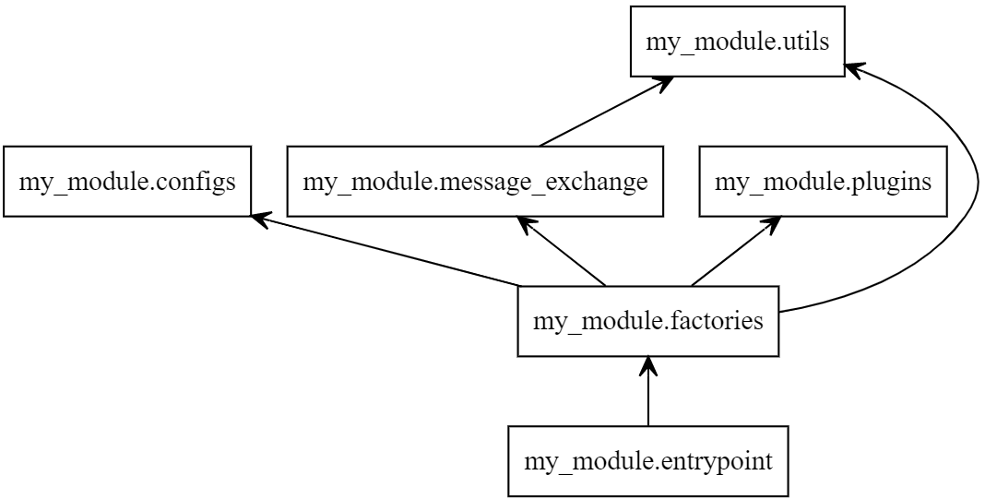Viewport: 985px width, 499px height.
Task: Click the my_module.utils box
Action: [737, 41]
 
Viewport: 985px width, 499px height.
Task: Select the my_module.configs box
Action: [127, 181]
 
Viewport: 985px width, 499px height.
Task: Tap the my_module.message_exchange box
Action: [475, 181]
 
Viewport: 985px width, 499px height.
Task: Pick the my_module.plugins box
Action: [824, 181]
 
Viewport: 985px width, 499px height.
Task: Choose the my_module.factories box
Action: [648, 321]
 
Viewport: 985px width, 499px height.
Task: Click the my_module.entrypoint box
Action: [648, 460]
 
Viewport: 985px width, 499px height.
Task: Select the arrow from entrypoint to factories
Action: [648, 397]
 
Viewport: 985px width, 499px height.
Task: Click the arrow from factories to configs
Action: [387, 251]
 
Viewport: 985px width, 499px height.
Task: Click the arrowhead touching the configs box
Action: [260, 220]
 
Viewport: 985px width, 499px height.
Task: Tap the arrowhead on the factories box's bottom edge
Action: [648, 365]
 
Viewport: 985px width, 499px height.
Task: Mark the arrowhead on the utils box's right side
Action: [854, 68]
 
